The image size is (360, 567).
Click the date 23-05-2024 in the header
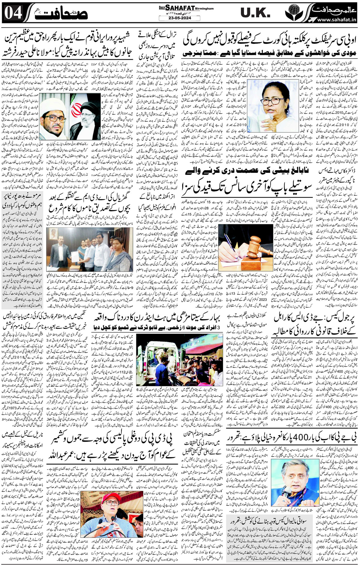click(x=180, y=18)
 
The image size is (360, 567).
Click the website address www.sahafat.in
click(x=336, y=20)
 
